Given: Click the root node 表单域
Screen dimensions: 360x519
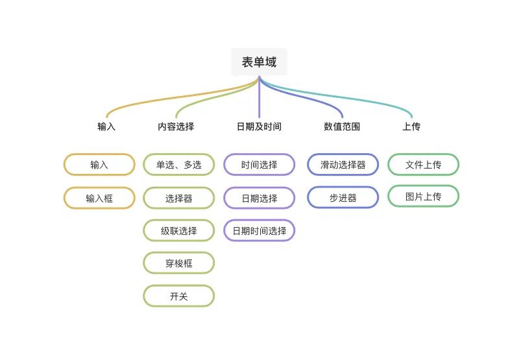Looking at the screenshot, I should point(259,62).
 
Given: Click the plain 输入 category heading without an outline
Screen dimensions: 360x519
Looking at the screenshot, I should point(106,126).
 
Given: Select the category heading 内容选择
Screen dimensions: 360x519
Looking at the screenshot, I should point(176,126).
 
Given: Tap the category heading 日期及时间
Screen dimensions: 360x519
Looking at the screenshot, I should point(259,126).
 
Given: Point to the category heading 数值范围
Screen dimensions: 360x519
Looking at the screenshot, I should point(342,126).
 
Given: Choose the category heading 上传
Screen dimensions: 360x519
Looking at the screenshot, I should point(411,126).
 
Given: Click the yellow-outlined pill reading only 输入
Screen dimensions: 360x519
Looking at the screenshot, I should point(99,165).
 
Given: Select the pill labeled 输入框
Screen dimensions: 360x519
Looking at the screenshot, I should point(99,198).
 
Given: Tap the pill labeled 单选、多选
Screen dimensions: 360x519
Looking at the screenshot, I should point(178,165).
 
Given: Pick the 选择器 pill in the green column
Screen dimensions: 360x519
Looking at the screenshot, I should point(178,198).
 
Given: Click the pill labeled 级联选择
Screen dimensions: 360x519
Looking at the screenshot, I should point(178,230).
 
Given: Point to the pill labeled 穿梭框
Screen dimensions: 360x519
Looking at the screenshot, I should point(178,263).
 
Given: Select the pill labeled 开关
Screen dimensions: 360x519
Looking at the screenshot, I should point(178,296).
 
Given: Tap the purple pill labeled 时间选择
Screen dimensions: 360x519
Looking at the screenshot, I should point(259,165).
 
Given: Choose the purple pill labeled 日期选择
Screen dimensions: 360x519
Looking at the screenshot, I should point(259,198).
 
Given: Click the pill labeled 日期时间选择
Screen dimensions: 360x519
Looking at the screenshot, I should point(259,230).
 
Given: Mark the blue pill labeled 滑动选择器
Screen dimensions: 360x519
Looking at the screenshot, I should point(343,165).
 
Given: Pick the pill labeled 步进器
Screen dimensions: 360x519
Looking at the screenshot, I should point(343,198).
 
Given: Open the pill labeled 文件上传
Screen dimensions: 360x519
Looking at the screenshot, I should point(423,165).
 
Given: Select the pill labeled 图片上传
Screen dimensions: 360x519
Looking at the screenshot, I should point(423,196).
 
